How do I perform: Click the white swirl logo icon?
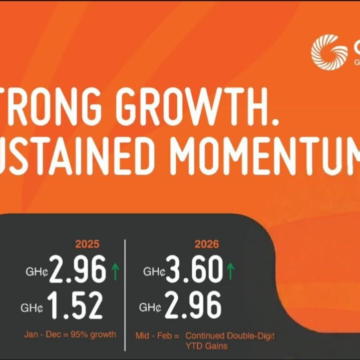click(328, 52)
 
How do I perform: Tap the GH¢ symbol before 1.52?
click(38, 307)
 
